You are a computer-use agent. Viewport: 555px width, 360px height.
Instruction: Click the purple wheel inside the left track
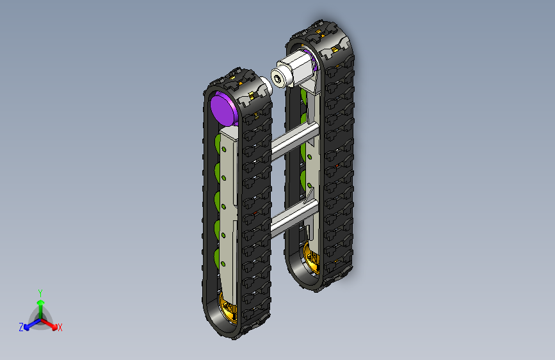pos(223,108)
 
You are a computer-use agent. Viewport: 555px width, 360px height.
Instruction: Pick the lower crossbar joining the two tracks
pos(294,217)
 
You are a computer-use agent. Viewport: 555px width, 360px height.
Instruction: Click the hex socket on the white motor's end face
pos(278,79)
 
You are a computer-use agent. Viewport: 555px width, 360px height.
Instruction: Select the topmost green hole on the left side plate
pos(223,149)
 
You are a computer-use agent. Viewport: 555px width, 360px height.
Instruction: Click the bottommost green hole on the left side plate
pos(223,264)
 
